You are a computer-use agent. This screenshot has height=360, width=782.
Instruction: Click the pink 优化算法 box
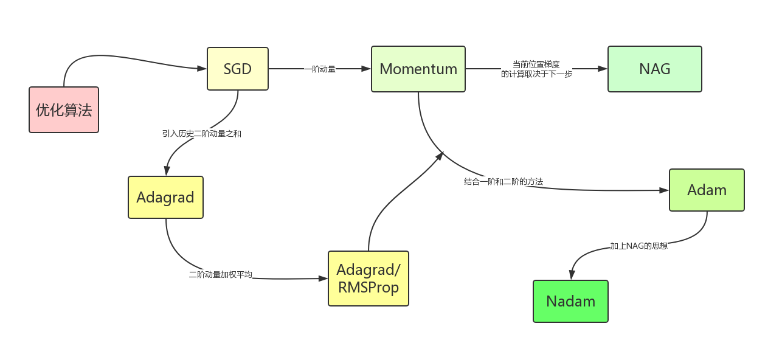click(64, 109)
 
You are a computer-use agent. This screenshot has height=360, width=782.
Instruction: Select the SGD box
click(238, 69)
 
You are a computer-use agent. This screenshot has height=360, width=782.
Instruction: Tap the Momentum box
click(418, 69)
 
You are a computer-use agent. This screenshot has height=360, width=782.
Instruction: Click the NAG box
click(655, 69)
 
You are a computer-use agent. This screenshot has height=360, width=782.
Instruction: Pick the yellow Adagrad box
click(165, 197)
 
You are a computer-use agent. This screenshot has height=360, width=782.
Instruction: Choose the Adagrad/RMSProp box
click(369, 278)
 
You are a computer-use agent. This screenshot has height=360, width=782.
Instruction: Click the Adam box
click(707, 190)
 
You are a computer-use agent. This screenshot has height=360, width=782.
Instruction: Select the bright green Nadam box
click(570, 301)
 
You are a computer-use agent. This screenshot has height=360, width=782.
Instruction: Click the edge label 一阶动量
click(320, 69)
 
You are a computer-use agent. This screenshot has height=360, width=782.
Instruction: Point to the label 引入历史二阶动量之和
click(202, 133)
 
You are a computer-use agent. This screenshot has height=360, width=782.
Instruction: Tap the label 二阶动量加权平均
click(220, 275)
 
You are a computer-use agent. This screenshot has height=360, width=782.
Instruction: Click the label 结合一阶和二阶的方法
click(503, 182)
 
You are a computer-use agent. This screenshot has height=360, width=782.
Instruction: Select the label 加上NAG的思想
click(639, 246)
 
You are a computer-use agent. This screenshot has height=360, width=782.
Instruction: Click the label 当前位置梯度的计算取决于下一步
click(536, 69)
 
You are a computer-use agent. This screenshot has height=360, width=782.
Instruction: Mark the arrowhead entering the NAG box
click(603, 69)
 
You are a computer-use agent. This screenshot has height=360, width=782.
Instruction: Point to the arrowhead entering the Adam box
click(664, 190)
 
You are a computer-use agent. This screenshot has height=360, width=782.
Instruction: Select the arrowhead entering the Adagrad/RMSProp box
click(323, 279)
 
